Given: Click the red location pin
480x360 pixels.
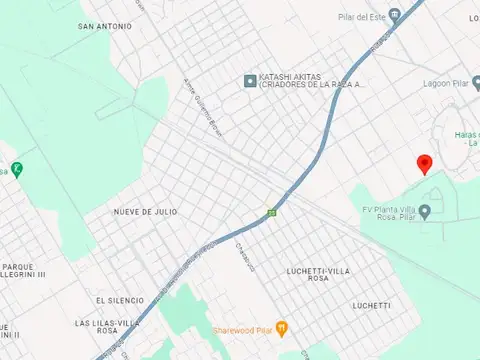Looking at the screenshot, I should [x=424, y=164].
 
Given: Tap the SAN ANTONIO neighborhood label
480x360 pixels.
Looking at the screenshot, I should [x=102, y=27].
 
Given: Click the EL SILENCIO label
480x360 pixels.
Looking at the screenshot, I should [x=120, y=300].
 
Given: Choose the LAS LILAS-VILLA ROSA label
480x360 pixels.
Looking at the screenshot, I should [x=108, y=328].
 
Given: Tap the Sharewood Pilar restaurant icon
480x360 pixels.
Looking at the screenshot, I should [x=283, y=327].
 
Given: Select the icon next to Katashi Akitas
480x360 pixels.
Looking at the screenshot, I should [x=250, y=80].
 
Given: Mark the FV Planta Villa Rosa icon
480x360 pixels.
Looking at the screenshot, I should [x=425, y=210].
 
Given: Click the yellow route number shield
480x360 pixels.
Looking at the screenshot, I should [x=272, y=212].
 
